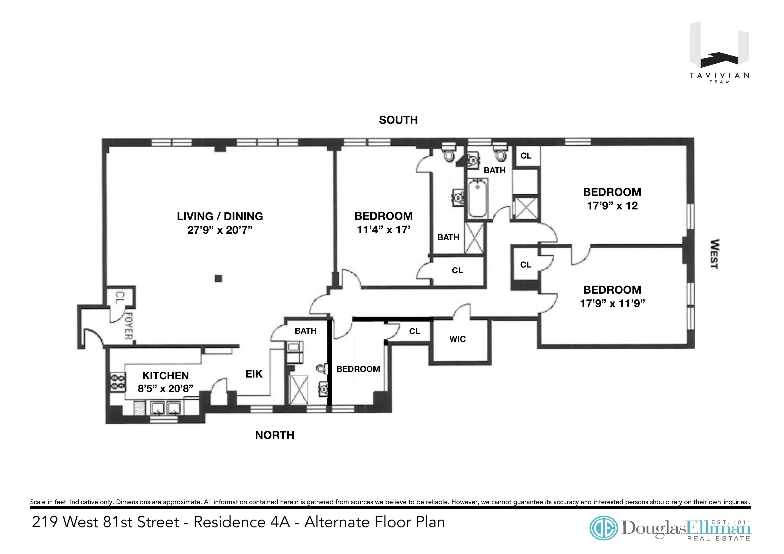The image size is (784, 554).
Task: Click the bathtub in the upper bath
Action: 478,199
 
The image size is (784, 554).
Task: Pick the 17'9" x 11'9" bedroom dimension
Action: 612,303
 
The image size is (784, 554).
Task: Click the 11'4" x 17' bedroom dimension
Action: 383,230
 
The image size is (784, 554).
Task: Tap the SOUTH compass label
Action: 398,120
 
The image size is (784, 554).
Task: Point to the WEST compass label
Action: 714,254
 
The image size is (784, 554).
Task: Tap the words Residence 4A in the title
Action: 242,522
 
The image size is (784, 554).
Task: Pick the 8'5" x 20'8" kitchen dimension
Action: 165,389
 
